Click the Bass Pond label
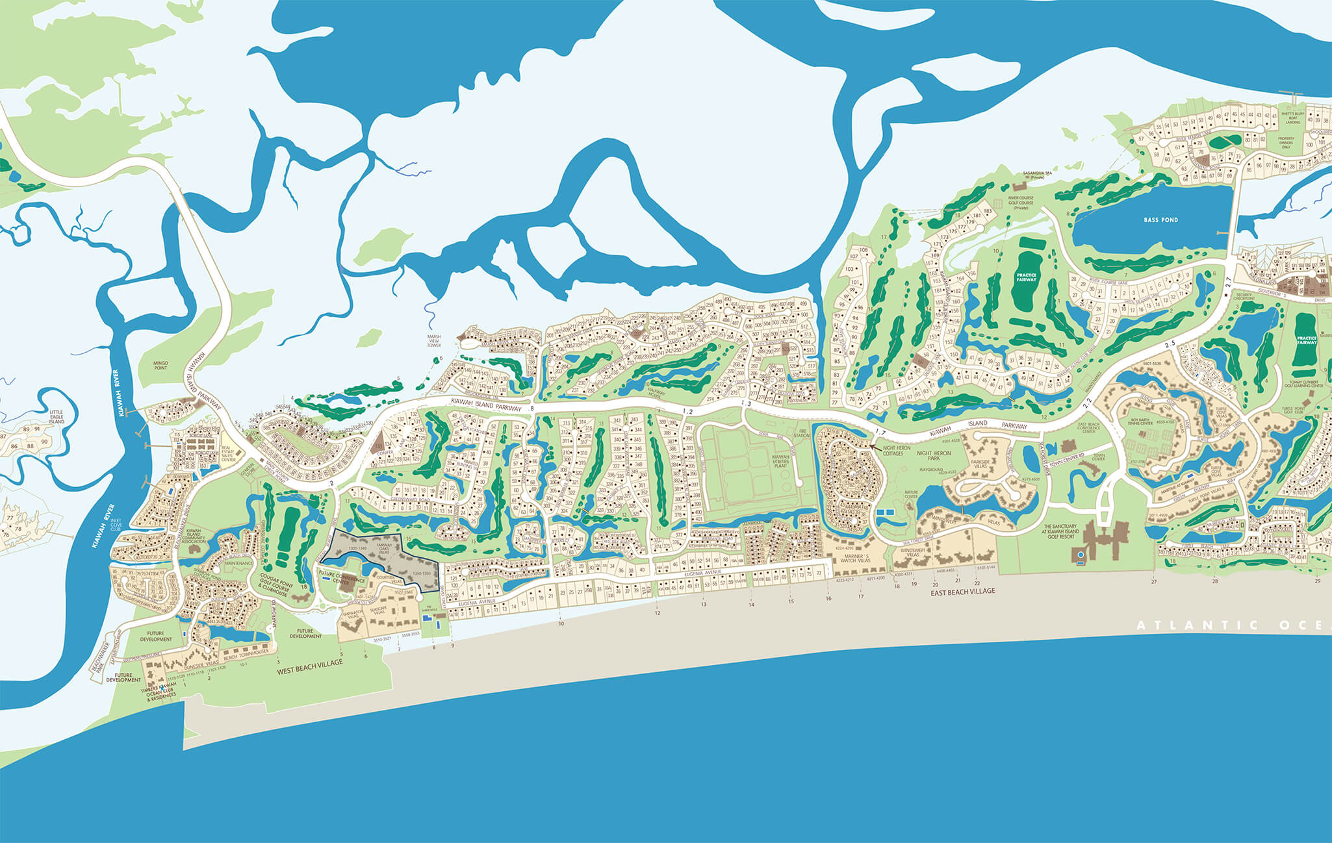point(1161,220)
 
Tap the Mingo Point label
point(160,366)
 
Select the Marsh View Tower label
point(433,341)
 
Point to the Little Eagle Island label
point(57,416)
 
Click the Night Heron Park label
point(934,455)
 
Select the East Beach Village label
point(962,592)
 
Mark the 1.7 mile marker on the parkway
point(880,432)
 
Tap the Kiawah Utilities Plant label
point(780,461)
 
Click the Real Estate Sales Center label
point(229,453)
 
